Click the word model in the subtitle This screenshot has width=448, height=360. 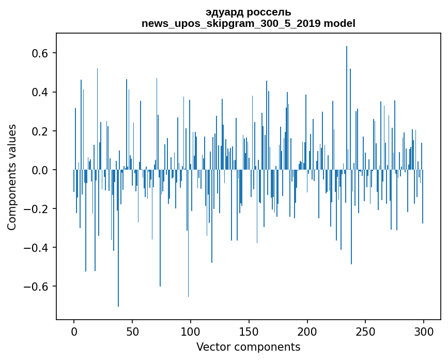[x=341, y=23]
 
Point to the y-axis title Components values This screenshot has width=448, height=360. [x=12, y=177]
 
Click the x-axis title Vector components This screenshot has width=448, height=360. [x=248, y=347]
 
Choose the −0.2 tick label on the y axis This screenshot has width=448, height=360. [x=38, y=209]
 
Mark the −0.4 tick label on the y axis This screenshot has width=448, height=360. [x=38, y=248]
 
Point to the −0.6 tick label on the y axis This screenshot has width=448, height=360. [x=38, y=287]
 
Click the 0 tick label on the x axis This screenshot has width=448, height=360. [x=74, y=331]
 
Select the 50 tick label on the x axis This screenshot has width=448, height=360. [x=132, y=331]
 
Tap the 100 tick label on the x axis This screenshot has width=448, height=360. [x=191, y=331]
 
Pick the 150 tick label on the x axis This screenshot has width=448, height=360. [x=249, y=331]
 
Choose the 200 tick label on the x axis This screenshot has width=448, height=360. [x=307, y=331]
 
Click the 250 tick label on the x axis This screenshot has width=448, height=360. [x=365, y=331]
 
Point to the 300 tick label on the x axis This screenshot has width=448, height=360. [x=424, y=331]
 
